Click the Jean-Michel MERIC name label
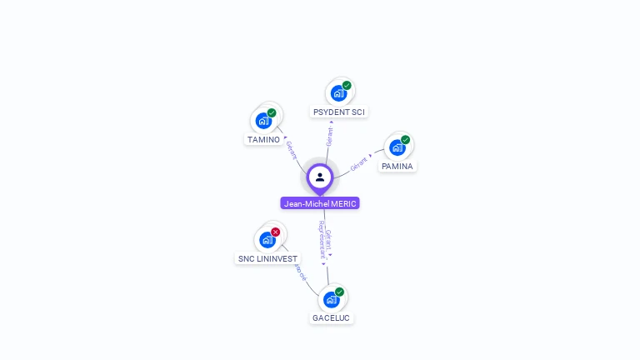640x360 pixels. coord(320,203)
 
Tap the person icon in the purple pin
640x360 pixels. coord(320,177)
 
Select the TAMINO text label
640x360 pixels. coord(263,140)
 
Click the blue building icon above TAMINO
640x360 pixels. coord(263,121)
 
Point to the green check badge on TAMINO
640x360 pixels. coord(272,112)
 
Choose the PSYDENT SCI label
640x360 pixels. coord(338,112)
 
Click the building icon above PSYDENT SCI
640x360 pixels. coord(338,93)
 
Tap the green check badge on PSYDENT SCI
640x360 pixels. coord(347,85)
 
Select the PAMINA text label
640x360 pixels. coord(397,167)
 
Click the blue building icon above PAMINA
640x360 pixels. coord(397,147)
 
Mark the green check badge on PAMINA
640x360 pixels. coord(406,139)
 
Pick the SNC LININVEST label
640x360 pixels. coord(267,259)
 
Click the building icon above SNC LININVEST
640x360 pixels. coord(267,240)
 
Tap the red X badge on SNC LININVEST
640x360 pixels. coord(275,232)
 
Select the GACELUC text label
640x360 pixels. coord(331,318)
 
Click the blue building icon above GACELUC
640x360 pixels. coord(331,299)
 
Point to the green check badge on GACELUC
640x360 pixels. coord(339,292)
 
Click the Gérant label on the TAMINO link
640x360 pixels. coord(291,149)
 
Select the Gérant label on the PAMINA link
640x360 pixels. coord(358,162)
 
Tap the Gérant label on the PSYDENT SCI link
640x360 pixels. coord(330,136)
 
